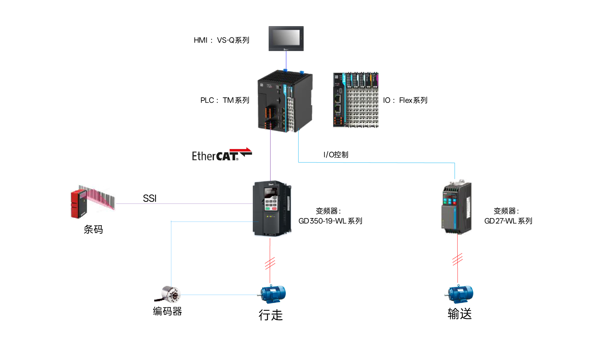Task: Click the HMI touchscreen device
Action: tap(286, 38)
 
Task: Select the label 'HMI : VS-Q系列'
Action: tap(221, 40)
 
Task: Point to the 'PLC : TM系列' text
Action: tap(225, 100)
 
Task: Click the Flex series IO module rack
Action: tap(356, 100)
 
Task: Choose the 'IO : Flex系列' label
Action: tap(405, 100)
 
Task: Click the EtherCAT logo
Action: tap(222, 154)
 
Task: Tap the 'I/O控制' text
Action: tap(336, 155)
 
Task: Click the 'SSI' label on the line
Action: tap(150, 198)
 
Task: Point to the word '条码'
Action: tap(93, 229)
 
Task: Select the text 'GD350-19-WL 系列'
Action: tap(330, 221)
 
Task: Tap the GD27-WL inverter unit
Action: tap(457, 207)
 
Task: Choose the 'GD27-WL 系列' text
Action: tap(508, 221)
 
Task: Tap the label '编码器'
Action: tap(167, 311)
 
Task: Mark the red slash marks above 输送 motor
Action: tap(457, 259)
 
